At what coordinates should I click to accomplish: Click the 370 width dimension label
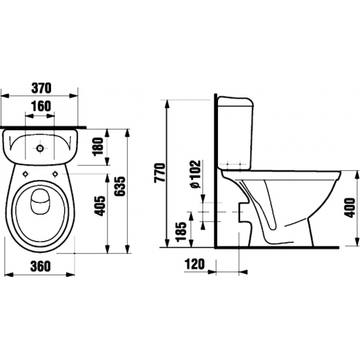coord(41,88)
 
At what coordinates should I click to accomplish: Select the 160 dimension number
coord(41,106)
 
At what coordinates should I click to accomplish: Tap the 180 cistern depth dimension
coord(98,146)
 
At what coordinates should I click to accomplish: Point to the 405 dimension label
coord(99,206)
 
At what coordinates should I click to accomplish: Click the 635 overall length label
coord(120,186)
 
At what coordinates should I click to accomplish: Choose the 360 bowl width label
coord(40,266)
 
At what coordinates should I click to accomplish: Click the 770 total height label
coord(160,172)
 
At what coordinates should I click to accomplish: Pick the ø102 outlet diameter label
coord(196,174)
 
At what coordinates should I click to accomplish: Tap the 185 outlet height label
coord(181,231)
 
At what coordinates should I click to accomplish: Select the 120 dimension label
coord(194,264)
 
